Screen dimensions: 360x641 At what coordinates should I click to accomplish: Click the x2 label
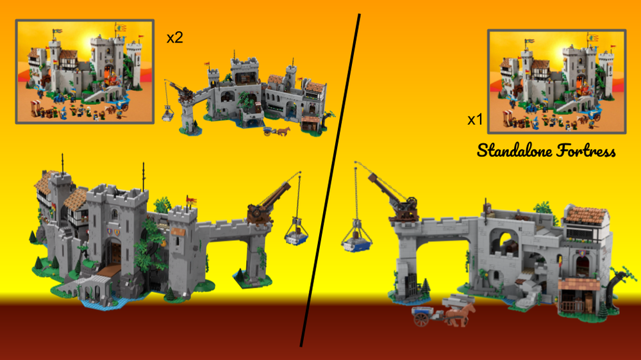(175, 38)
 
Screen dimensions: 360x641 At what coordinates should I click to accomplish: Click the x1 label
(474, 120)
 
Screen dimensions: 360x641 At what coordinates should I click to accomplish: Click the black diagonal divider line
(330, 179)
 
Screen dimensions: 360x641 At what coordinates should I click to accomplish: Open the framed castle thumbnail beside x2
(85, 71)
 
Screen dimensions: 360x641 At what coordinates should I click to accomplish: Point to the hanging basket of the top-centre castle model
(169, 114)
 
